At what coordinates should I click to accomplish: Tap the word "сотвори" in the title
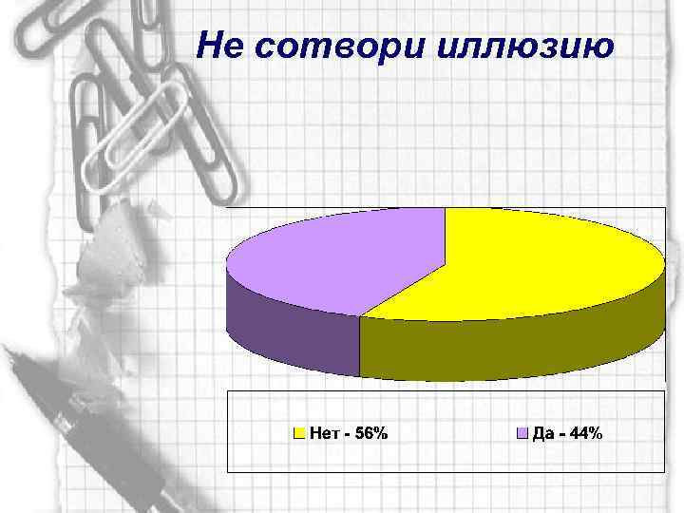coord(332,45)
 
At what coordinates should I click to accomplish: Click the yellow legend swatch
coord(299,434)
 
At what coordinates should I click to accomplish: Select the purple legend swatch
coord(521,434)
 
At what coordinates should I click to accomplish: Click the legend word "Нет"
coord(323,434)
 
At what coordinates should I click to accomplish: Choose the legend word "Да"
coord(543,434)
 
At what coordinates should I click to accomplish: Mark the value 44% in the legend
coord(585,434)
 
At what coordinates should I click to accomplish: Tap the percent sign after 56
coord(380,434)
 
